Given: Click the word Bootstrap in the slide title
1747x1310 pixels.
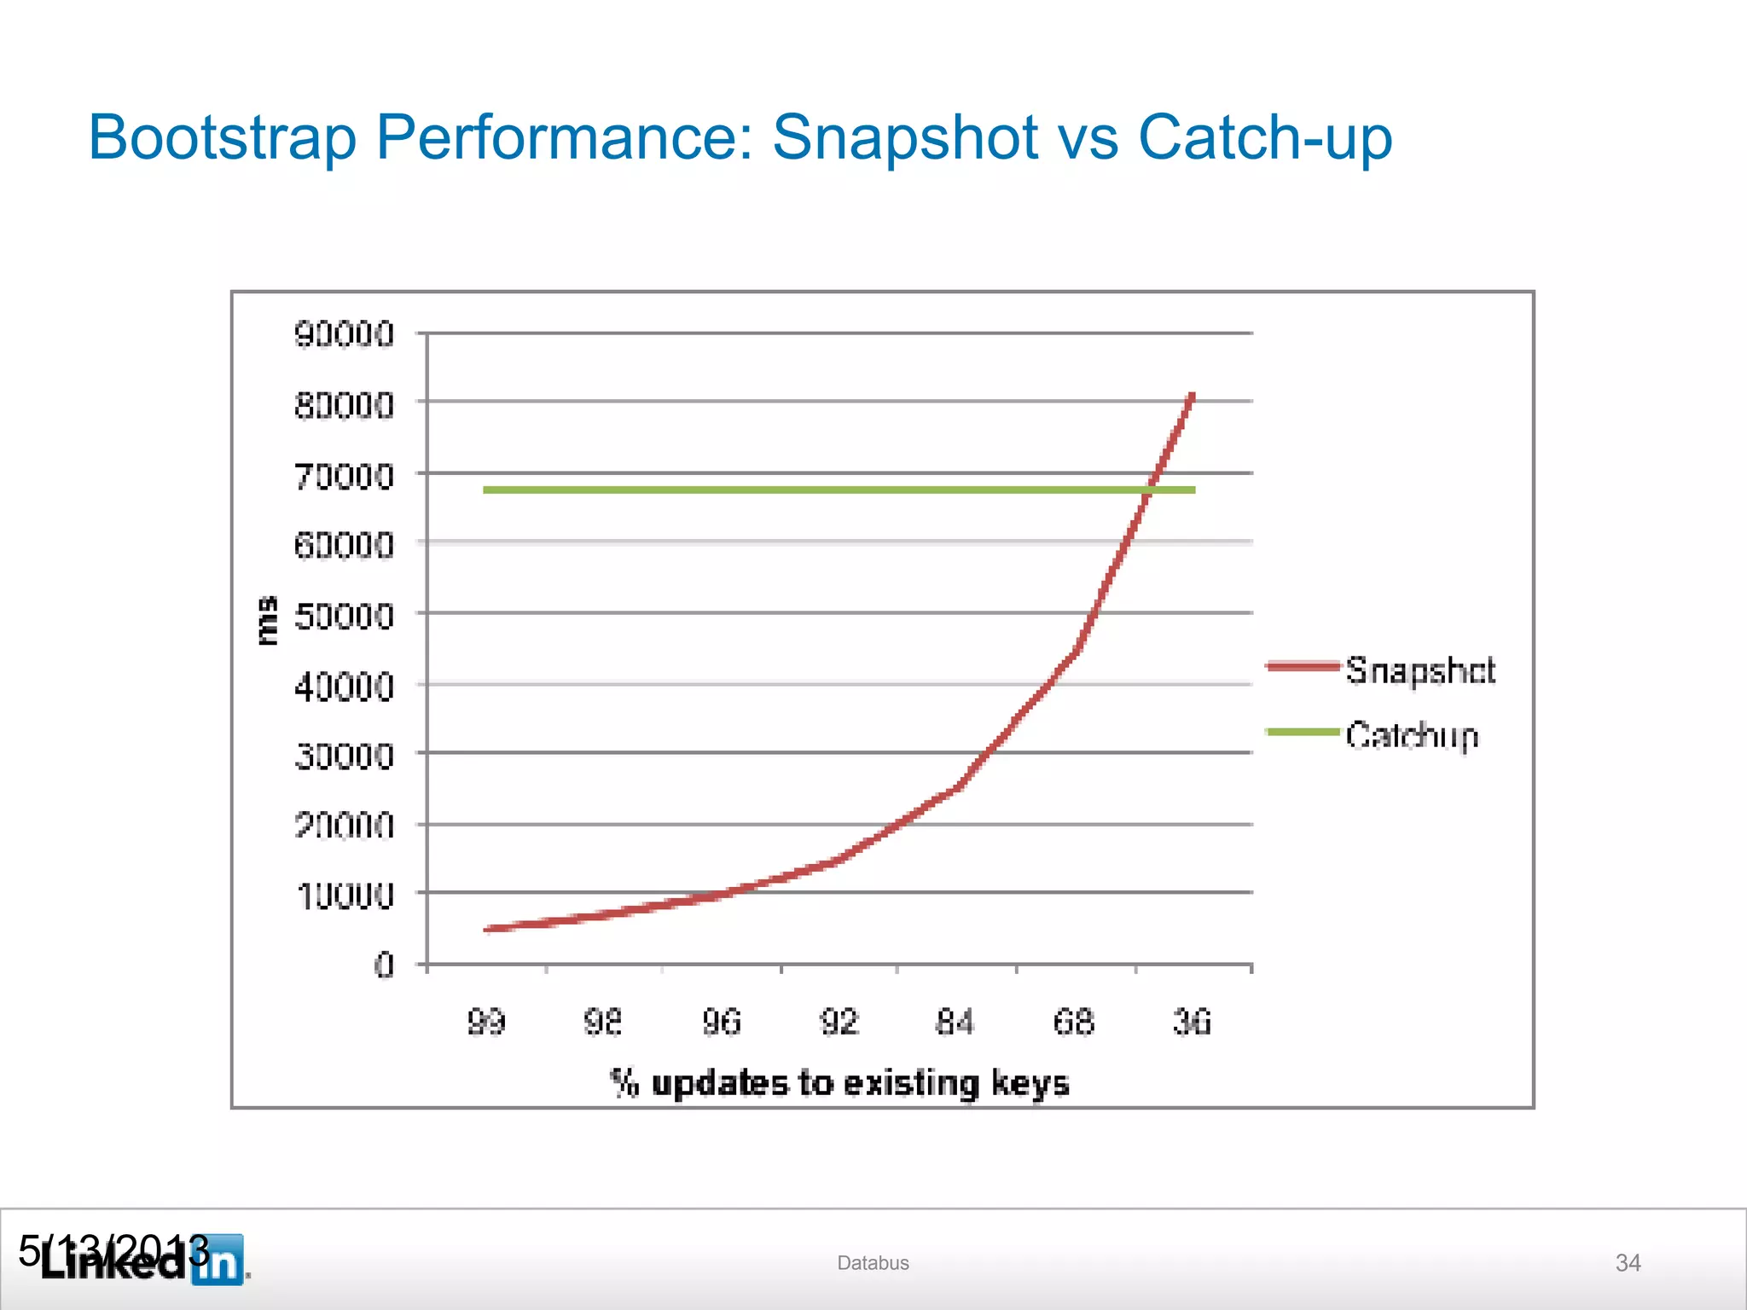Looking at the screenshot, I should [222, 138].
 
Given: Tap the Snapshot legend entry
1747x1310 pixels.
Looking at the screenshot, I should [1419, 669].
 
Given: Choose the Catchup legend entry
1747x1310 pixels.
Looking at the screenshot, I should [1411, 734].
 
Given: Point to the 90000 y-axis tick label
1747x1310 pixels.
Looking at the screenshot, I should [344, 334].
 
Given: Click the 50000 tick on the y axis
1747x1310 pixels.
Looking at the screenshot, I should [344, 615].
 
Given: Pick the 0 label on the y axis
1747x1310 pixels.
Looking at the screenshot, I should [384, 965].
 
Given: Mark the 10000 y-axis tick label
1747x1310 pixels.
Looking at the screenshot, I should [344, 896].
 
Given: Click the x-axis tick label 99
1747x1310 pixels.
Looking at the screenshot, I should [486, 1021].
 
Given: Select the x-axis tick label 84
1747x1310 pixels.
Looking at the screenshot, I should [955, 1021].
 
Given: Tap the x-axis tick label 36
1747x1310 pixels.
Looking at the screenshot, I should [1191, 1021].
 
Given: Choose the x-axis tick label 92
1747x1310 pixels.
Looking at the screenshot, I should [839, 1021].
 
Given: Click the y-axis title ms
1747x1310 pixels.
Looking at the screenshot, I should [267, 620].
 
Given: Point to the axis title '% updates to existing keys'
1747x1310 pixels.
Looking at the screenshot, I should [839, 1082].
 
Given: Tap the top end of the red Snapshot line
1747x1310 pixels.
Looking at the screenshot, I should [1193, 395].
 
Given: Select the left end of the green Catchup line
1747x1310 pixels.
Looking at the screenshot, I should [485, 490].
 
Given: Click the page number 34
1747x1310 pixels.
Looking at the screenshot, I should [1628, 1263].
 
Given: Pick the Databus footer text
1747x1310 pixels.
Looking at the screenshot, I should [873, 1263].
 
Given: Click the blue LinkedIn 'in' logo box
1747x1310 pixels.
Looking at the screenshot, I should [218, 1260].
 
